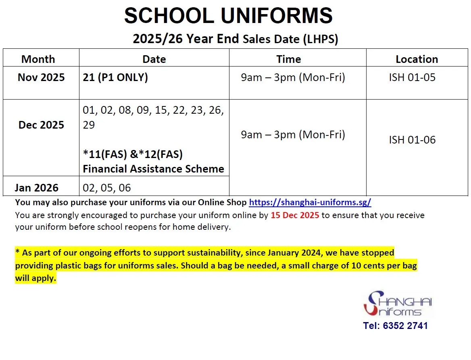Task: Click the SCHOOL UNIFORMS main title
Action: pos(228,16)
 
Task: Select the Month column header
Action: pos(38,59)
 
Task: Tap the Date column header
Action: pos(154,59)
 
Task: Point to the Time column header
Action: pos(289,59)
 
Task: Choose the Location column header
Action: pos(417,59)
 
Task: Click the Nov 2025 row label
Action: pos(41,77)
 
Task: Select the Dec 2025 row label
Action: pos(41,125)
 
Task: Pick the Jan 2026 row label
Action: pos(37,188)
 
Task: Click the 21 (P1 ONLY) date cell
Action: pos(115,77)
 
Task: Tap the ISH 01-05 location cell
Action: pos(412,77)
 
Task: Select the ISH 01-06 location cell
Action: pos(412,140)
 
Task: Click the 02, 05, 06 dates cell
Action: pos(107,188)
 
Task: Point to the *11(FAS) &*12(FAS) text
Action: pos(133,154)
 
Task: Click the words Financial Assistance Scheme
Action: pos(153,169)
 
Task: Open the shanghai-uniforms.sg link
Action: pos(310,202)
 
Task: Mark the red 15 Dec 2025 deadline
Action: pos(295,215)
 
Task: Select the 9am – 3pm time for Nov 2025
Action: pos(293,77)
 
